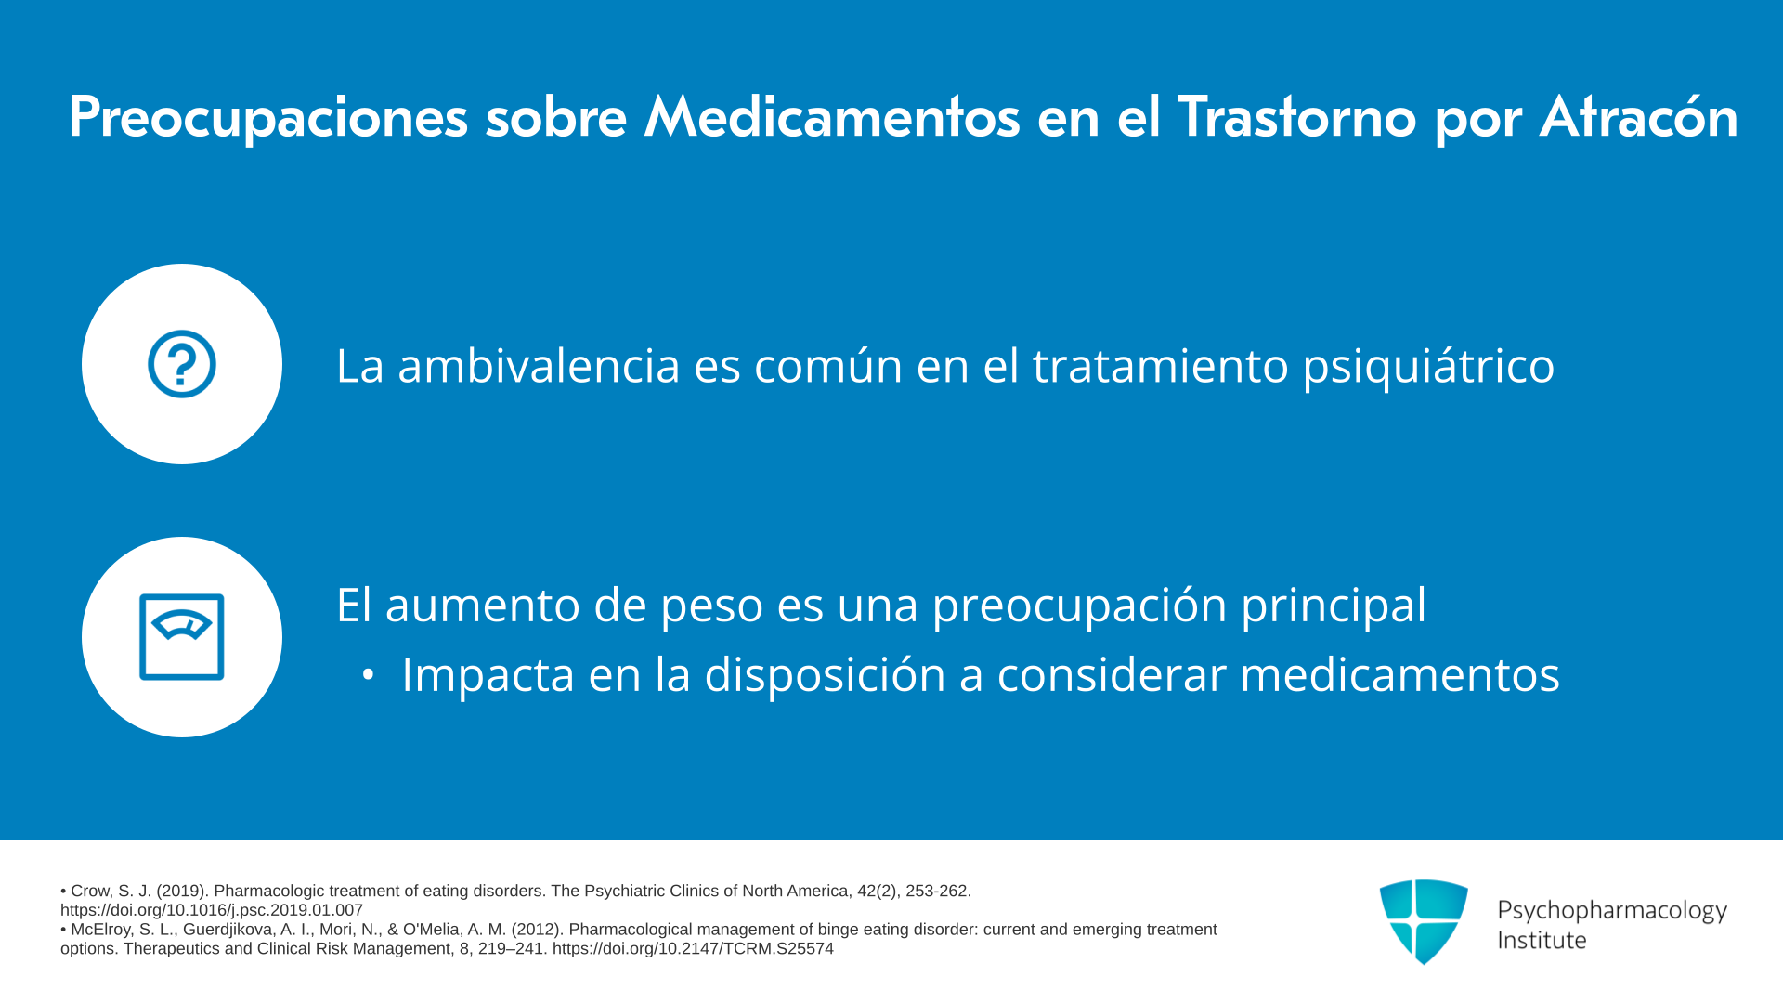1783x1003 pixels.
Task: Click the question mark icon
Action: [x=182, y=364]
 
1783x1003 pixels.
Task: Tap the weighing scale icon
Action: [x=182, y=637]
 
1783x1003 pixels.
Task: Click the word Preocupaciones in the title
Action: [x=268, y=118]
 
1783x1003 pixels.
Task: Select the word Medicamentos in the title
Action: [x=832, y=117]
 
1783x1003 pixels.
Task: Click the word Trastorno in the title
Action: [x=1297, y=117]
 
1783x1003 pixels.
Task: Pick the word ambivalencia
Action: [x=540, y=365]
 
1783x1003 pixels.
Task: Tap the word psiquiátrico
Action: [x=1428, y=366]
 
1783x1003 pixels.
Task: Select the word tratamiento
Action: [x=1161, y=365]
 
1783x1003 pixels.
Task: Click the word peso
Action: [x=711, y=606]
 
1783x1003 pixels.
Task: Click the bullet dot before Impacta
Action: [x=369, y=676]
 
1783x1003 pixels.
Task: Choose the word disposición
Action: [x=825, y=675]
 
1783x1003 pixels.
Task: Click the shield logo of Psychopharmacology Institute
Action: [x=1424, y=921]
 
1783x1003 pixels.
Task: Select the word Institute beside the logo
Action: [x=1542, y=941]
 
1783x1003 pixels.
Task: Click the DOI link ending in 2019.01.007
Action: [x=212, y=911]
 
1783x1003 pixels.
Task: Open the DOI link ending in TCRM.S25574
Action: [x=693, y=949]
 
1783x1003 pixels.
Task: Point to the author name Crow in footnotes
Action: [x=90, y=892]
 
